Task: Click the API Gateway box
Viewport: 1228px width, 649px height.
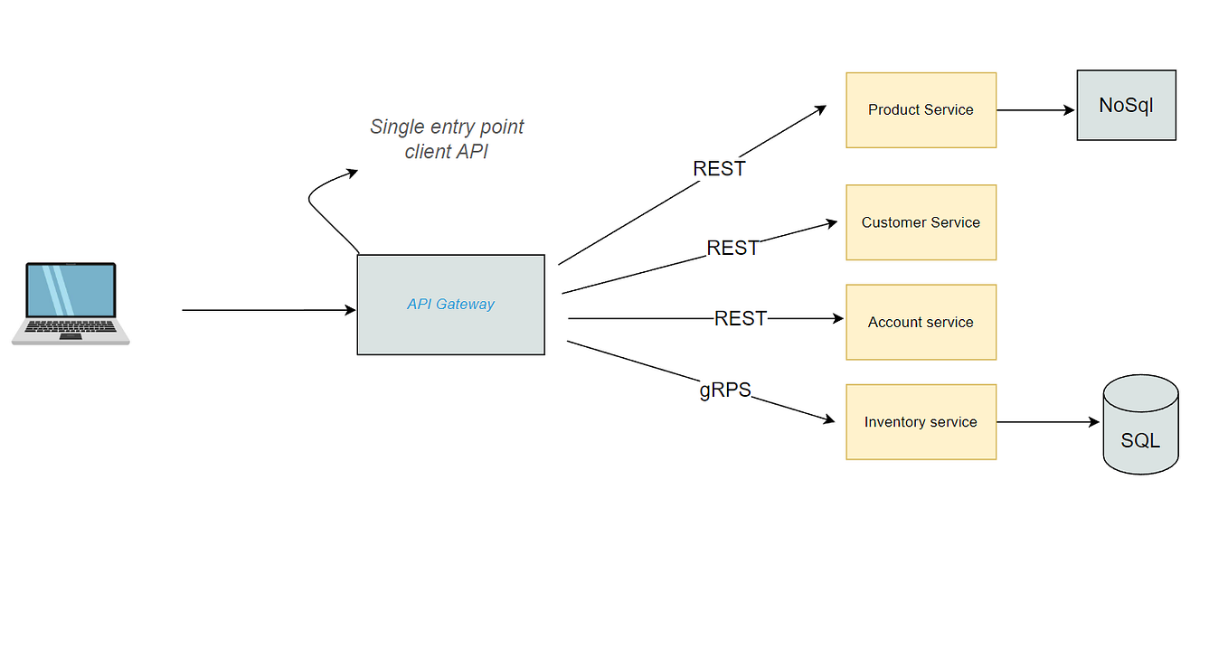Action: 450,305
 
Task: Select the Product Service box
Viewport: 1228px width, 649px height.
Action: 921,110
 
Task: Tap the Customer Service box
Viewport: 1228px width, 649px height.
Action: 921,222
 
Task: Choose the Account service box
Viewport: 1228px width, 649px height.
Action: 921,322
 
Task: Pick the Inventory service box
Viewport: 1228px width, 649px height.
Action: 921,422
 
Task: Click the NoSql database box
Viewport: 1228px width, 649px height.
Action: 1126,105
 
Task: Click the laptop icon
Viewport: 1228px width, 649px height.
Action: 71,304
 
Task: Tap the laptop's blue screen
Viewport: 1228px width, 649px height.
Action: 71,290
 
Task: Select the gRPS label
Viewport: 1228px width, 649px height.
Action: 725,390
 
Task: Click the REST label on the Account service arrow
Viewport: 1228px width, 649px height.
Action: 741,318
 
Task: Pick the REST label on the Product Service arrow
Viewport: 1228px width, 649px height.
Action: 719,169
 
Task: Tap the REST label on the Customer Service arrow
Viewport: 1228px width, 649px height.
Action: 732,248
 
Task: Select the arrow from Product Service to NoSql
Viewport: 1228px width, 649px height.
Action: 1035,110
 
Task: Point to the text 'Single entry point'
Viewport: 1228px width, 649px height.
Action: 447,127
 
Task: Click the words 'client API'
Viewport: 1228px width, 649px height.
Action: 446,152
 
